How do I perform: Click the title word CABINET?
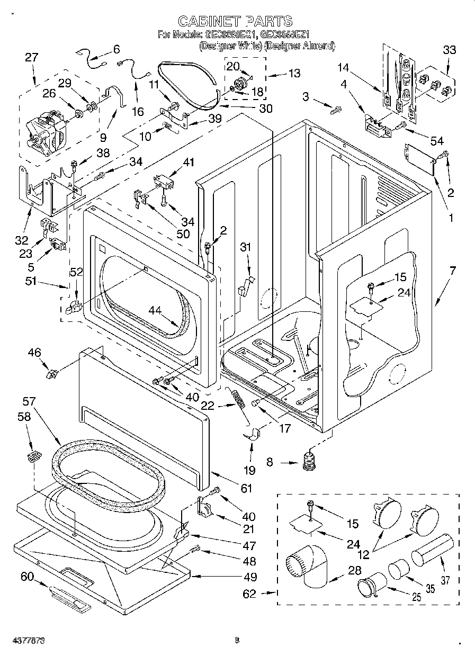coord(208,21)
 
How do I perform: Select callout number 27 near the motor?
coord(32,57)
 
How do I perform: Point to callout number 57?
coord(29,402)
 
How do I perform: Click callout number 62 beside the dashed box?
coord(249,594)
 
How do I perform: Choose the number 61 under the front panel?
coord(247,488)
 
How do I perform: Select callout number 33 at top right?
coord(449,50)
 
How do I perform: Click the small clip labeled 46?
coord(52,375)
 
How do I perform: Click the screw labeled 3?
coord(336,110)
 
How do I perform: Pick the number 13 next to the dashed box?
coord(294,73)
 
